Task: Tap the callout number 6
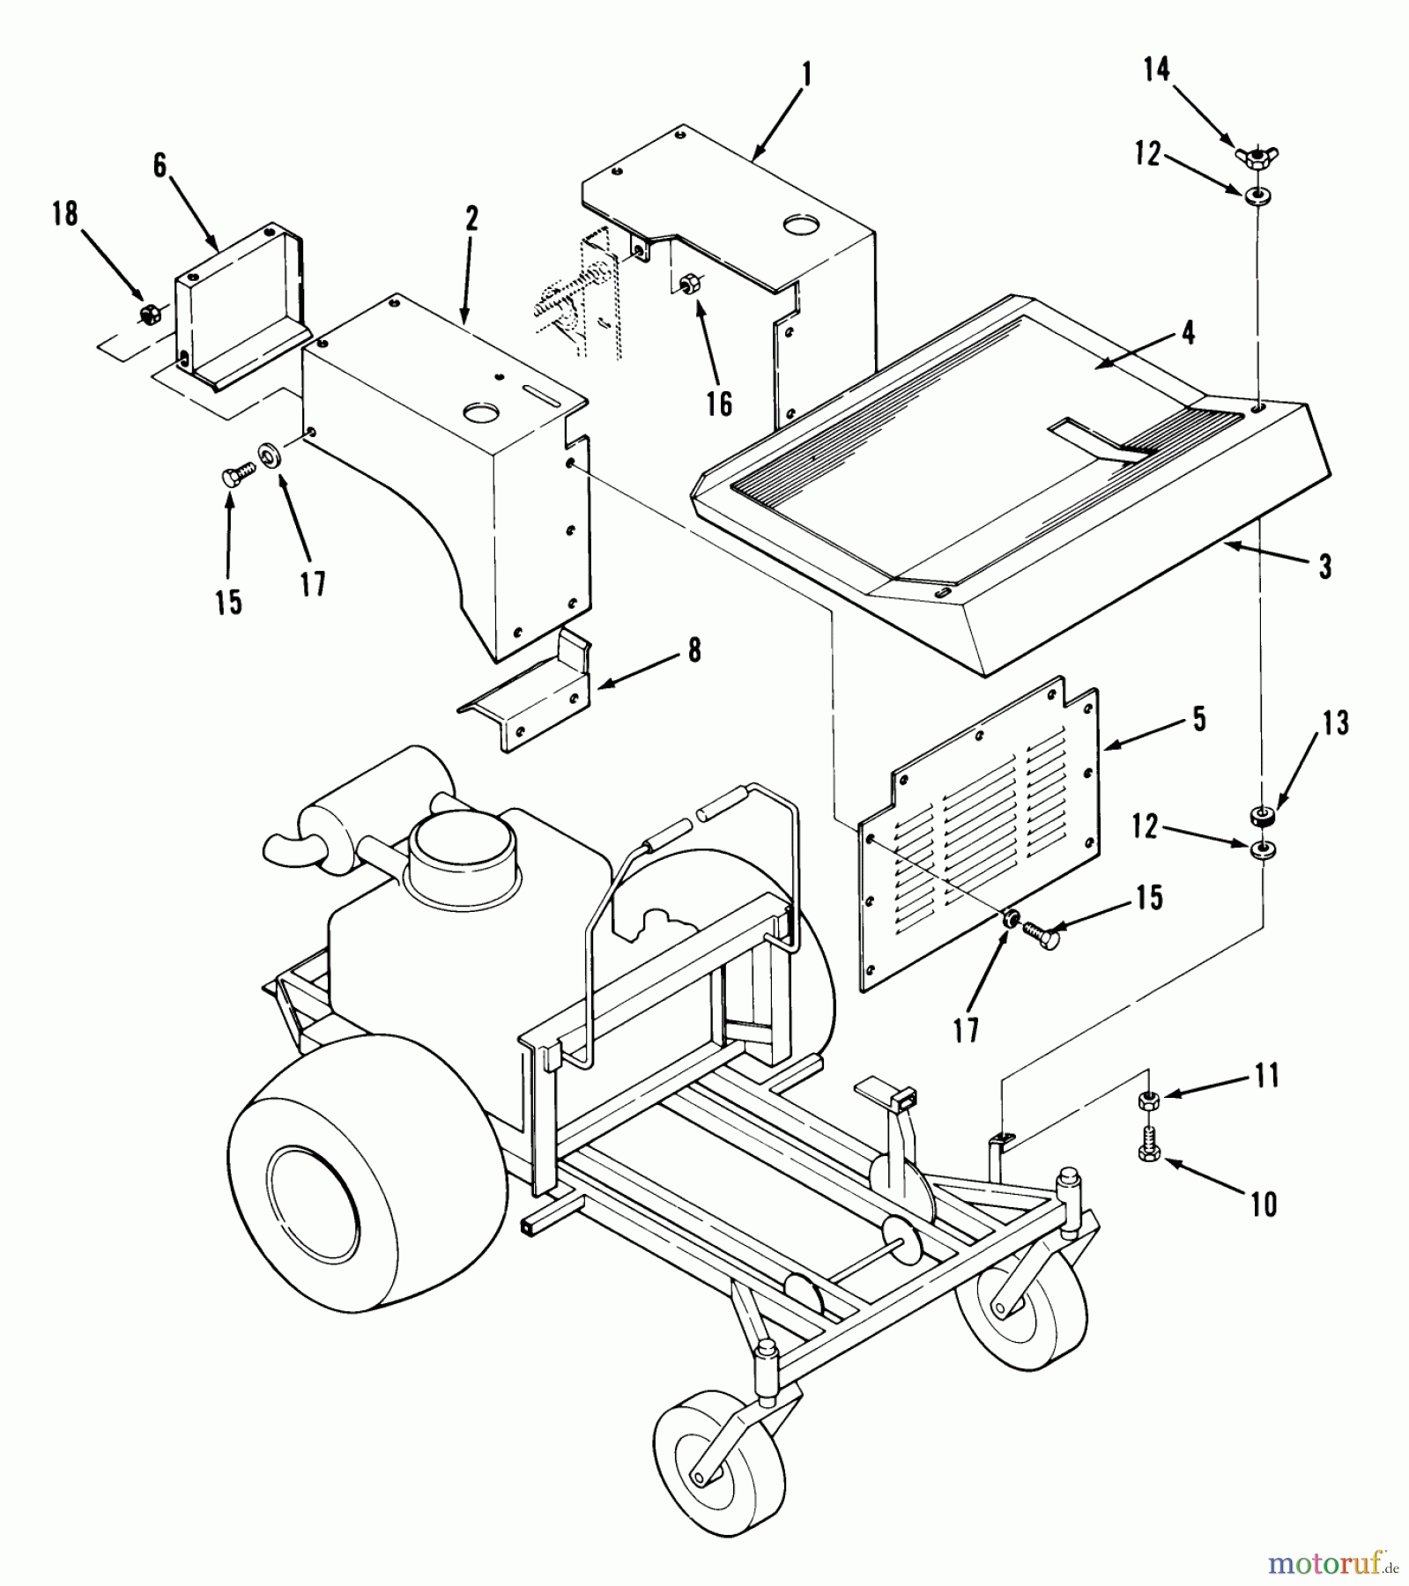[160, 165]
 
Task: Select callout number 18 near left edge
[65, 213]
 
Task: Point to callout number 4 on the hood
[1188, 332]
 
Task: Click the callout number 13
[1336, 723]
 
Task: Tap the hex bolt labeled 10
[1148, 1154]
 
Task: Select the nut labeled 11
[1148, 1099]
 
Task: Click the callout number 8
[694, 651]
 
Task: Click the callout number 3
[1325, 567]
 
